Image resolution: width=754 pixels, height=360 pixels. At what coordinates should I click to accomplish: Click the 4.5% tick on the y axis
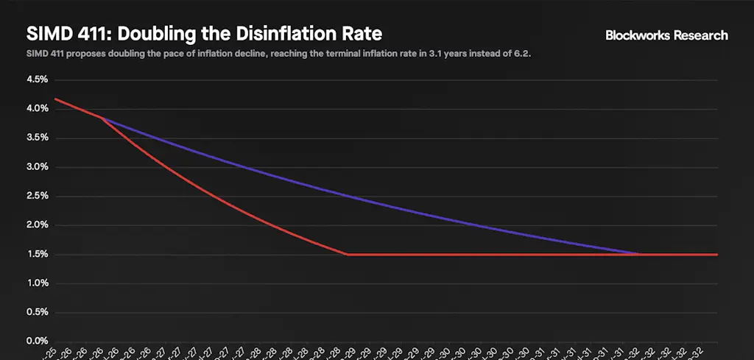tap(38, 79)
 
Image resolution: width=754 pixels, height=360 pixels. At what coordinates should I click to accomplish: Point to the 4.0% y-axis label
tap(38, 108)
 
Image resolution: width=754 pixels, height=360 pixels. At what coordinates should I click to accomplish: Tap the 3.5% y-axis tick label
tap(38, 138)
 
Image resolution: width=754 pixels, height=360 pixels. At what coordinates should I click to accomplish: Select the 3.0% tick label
tap(38, 166)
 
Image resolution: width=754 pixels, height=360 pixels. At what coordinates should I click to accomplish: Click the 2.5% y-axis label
tap(38, 196)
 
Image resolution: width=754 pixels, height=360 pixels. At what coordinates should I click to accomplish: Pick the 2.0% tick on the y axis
tap(38, 225)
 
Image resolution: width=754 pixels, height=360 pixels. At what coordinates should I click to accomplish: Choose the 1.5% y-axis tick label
tap(38, 254)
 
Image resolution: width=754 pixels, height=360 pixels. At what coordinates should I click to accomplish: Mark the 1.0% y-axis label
tap(38, 283)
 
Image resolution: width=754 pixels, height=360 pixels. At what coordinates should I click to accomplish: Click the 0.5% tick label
tap(38, 312)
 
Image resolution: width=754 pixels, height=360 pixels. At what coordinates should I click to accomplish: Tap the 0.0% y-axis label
tap(38, 342)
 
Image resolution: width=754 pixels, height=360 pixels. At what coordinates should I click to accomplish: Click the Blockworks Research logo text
tap(666, 35)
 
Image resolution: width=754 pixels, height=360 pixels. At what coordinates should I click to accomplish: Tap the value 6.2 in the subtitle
tap(522, 54)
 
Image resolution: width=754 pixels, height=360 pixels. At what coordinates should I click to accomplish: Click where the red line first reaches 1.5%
tap(348, 254)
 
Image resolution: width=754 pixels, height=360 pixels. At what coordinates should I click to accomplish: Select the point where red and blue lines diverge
tap(102, 118)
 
